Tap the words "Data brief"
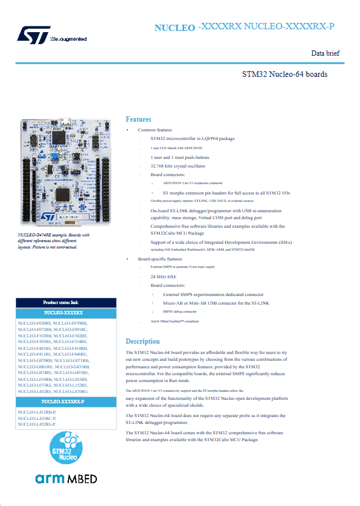325,53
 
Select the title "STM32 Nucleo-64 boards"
285,74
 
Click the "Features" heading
138,119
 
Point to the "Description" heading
143,341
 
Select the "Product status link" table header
65,302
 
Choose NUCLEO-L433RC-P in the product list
37,418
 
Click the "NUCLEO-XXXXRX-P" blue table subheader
65,402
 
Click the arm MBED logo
66,479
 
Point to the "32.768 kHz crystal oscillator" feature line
178,166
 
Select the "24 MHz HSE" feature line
164,276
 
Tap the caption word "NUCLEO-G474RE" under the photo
33,235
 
